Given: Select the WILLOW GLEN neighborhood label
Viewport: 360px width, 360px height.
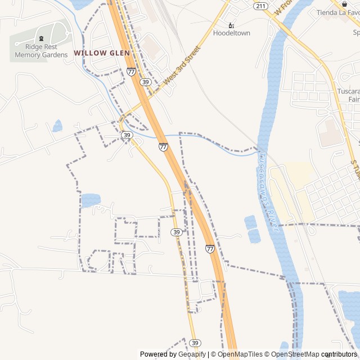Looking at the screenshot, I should click(102, 53).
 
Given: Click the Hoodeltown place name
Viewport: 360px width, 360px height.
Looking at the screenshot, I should click(231, 33).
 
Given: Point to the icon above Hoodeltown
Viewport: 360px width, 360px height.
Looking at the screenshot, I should click(231, 25).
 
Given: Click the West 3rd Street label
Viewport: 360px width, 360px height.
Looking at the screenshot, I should click(181, 66).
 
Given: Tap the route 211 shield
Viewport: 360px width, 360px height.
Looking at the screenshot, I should click(260, 6).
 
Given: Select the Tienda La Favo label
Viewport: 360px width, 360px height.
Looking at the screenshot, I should click(337, 12).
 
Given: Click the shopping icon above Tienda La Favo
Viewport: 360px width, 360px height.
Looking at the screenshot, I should click(344, 3).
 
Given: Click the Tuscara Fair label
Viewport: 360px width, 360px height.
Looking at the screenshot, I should click(348, 95).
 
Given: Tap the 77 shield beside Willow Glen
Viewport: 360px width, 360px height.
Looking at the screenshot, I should click(131, 71).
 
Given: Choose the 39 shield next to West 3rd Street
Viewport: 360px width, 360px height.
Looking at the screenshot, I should click(146, 82).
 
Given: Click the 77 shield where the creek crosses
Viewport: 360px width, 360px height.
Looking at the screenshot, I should click(163, 147).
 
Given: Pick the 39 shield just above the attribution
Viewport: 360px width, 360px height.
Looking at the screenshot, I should click(195, 343).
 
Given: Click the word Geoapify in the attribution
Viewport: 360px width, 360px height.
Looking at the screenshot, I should click(192, 354).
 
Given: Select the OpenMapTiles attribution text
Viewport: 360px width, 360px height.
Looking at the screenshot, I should click(240, 354).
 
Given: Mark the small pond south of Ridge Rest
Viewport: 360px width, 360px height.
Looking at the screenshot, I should click(57, 126).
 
